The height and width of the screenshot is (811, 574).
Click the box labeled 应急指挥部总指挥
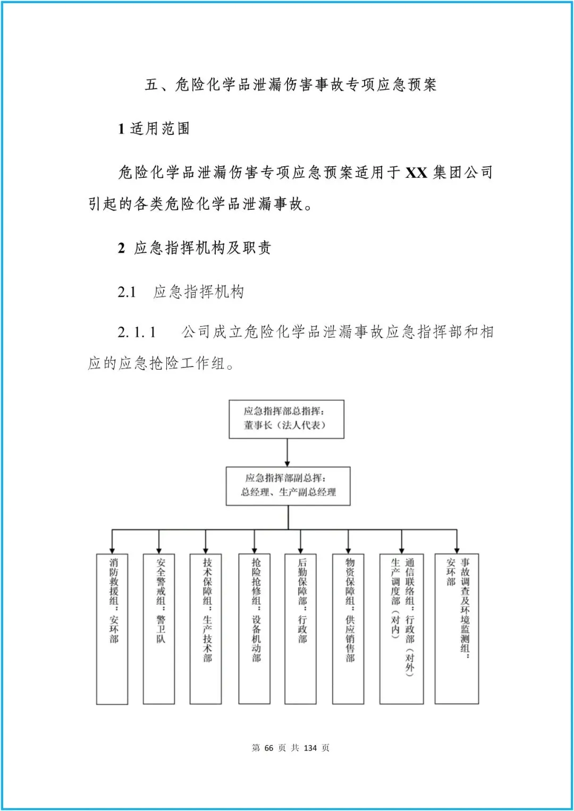(x=286, y=419)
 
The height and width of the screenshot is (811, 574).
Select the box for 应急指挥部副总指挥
(x=288, y=486)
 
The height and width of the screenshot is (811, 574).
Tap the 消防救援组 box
(x=112, y=629)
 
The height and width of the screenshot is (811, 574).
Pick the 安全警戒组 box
(x=159, y=629)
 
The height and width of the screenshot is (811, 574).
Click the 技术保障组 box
(x=206, y=629)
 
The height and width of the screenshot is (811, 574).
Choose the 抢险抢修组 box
(x=254, y=629)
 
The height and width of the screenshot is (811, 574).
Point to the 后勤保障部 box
(x=301, y=629)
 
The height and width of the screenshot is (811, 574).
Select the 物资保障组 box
(x=348, y=629)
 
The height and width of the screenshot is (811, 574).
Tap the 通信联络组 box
(x=401, y=629)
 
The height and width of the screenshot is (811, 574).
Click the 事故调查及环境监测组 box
(x=457, y=629)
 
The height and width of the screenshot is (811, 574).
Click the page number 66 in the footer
(x=268, y=748)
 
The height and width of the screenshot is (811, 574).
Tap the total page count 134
(x=310, y=748)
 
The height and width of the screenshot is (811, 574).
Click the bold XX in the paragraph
(x=416, y=173)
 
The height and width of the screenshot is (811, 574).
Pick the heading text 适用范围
(x=159, y=129)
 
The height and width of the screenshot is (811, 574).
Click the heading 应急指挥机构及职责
(x=202, y=248)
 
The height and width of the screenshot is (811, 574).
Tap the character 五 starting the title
(x=152, y=85)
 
